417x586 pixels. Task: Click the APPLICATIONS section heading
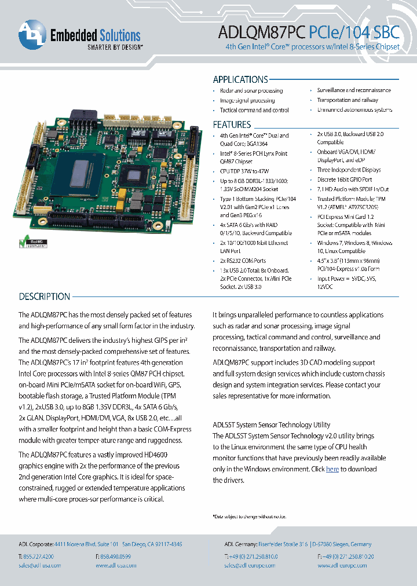click(x=240, y=80)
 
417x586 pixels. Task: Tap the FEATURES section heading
click(x=232, y=124)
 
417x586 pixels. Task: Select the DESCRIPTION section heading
click(x=45, y=296)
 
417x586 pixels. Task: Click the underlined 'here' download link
click(x=332, y=469)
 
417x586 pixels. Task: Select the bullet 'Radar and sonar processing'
click(x=251, y=91)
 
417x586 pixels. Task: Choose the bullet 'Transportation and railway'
click(x=348, y=100)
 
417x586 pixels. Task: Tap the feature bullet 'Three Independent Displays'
click(x=349, y=170)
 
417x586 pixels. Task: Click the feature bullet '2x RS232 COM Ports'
click(x=243, y=261)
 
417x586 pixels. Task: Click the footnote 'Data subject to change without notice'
click(x=250, y=517)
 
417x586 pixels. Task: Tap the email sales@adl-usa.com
click(x=40, y=565)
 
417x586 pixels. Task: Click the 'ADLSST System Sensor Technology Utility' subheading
click(x=272, y=424)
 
